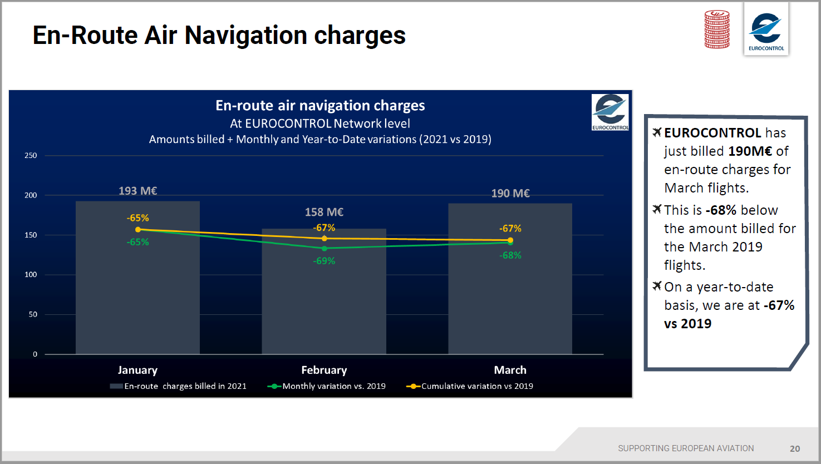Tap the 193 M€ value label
point(137,191)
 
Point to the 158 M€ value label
point(324,212)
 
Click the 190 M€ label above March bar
point(510,193)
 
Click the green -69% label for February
point(324,261)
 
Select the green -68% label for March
point(510,255)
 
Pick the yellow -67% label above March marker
point(510,229)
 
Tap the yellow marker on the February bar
point(325,239)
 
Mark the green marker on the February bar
point(325,249)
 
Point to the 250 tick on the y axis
point(31,156)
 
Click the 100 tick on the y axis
point(31,275)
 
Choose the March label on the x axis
point(510,370)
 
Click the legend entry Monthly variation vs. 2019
point(333,386)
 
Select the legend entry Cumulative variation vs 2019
point(476,386)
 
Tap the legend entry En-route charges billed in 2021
point(184,386)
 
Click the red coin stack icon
point(717,29)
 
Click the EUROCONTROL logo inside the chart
point(610,112)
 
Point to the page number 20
point(795,448)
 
